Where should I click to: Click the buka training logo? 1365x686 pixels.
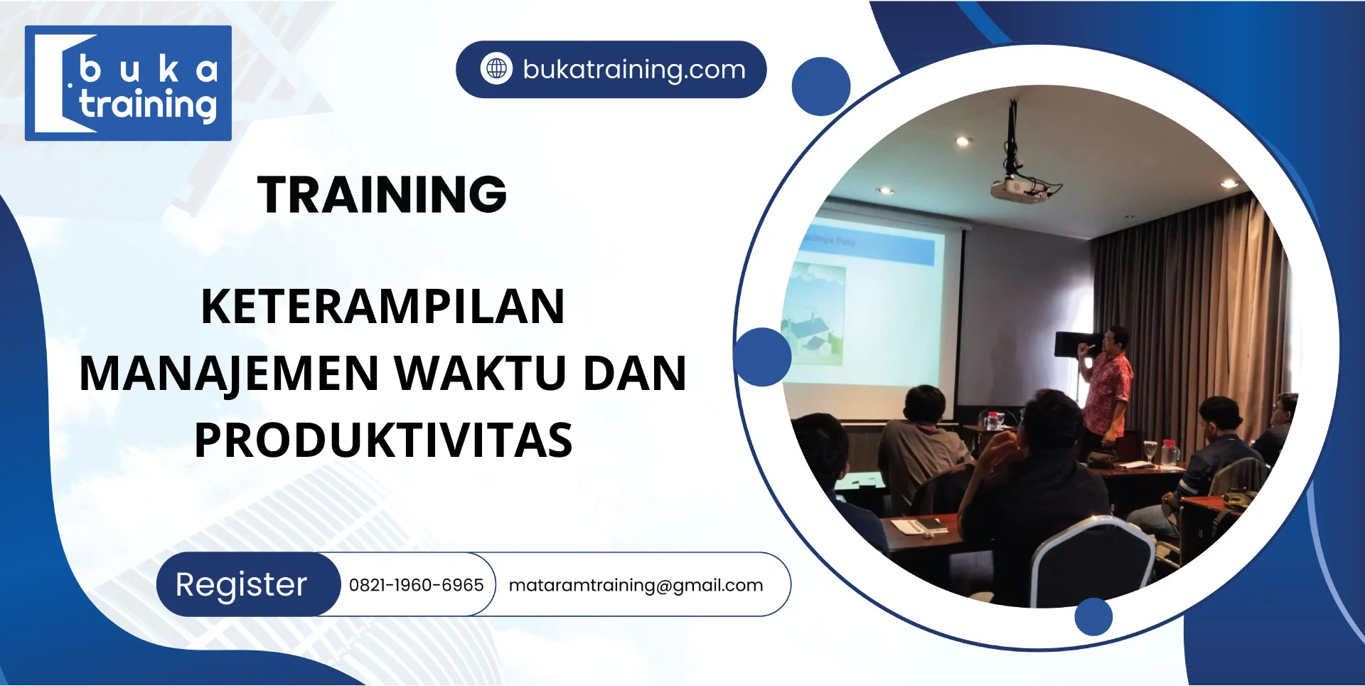click(x=128, y=83)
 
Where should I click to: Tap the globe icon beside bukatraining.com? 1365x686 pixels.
click(x=496, y=69)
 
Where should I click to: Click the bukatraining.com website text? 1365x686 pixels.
click(x=634, y=70)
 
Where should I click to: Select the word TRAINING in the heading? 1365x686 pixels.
click(x=382, y=194)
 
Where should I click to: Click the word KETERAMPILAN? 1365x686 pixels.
click(x=382, y=307)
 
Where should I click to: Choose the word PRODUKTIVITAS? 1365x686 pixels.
click(x=382, y=440)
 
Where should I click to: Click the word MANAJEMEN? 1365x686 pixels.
click(x=229, y=374)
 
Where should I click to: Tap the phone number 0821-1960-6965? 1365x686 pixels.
click(x=416, y=585)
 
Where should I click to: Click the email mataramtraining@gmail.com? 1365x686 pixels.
click(x=636, y=585)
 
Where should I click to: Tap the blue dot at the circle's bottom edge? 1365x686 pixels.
click(x=1093, y=616)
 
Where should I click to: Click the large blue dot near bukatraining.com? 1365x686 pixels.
click(x=821, y=86)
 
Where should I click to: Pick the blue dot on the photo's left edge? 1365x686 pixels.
click(x=762, y=357)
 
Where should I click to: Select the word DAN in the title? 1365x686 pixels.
click(x=634, y=374)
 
